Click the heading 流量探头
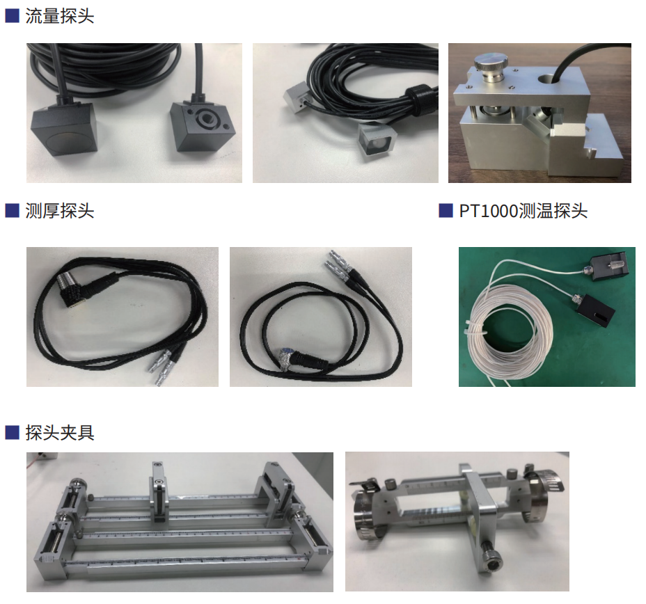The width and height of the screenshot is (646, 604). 59,16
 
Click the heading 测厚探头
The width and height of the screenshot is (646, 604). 59,210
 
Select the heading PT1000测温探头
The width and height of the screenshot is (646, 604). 523,210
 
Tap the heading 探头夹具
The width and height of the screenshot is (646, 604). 59,432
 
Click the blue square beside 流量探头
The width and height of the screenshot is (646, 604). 12,16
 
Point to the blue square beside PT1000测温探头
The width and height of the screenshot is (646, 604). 446,210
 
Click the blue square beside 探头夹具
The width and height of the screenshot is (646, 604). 12,432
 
